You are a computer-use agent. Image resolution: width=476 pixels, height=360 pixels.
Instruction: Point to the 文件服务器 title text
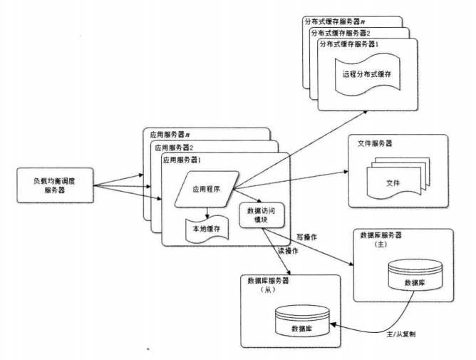click(374, 144)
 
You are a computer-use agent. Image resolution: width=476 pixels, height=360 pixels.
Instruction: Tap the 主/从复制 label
click(402, 334)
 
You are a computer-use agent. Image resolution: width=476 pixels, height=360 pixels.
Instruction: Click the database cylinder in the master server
click(407, 273)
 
